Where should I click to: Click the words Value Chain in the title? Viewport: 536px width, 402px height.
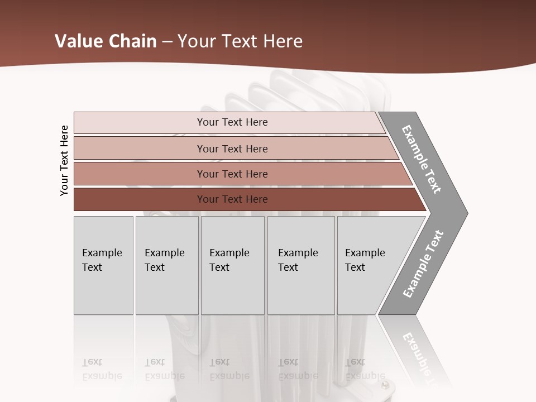coord(106,41)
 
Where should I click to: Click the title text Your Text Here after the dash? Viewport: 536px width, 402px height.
coord(240,41)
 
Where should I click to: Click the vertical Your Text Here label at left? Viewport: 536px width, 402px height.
coord(64,160)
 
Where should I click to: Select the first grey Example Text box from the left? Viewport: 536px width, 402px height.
coord(103,265)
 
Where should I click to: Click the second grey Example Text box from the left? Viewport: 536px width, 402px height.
coord(166,265)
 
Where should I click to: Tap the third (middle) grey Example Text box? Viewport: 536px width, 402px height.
coord(232,265)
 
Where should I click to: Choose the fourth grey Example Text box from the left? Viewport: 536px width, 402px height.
coord(300,265)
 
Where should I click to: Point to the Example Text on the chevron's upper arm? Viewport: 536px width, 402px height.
coord(422,159)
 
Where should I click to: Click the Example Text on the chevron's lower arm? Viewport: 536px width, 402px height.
coord(423,264)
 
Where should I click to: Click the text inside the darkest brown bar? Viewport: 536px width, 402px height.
coord(232,199)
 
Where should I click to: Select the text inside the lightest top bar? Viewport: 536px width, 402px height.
coord(232,122)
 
